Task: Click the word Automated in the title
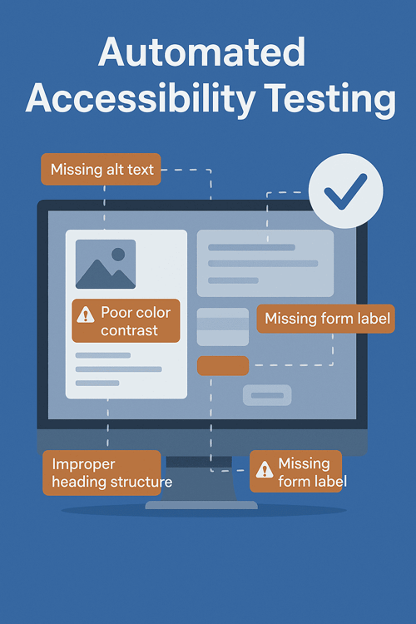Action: pos(202,52)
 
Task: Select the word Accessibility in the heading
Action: pos(140,98)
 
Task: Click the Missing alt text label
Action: pos(101,169)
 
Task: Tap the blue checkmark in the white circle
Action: pos(344,191)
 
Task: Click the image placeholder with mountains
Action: pos(106,264)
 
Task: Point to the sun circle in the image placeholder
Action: pos(118,255)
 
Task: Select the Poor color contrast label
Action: pos(126,321)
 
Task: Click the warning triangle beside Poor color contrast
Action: pos(85,314)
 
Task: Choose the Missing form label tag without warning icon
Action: pos(325,319)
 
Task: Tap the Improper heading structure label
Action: pos(102,473)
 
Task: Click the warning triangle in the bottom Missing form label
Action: pos(265,469)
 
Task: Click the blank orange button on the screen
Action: pos(223,366)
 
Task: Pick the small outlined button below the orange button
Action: pos(267,395)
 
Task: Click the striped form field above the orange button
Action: pos(223,327)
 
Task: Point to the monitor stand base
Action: pos(201,505)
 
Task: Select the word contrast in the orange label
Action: pos(130,330)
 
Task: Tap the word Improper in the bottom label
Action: pos(83,465)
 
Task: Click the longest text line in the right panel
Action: pos(263,264)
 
